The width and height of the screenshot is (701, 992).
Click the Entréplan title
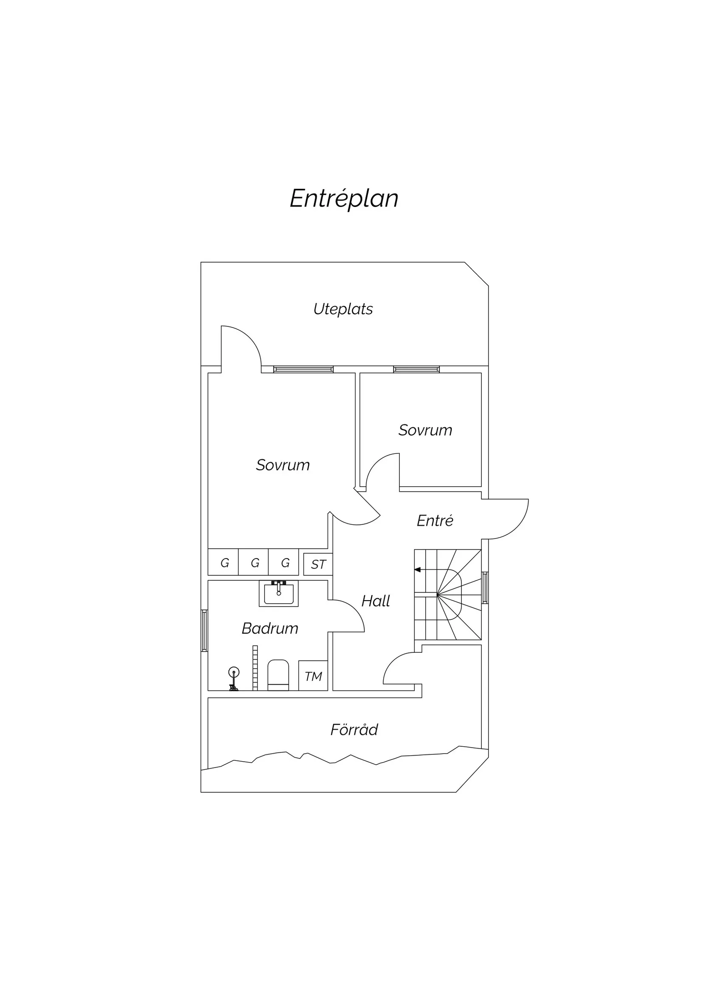tap(344, 199)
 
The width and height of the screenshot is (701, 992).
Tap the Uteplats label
tap(343, 309)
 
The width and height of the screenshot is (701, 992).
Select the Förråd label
tap(354, 730)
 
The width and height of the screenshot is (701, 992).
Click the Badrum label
tap(270, 628)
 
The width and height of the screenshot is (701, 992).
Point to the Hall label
tap(375, 601)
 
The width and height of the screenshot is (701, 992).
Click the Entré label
tap(435, 520)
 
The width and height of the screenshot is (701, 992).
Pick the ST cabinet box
tap(318, 564)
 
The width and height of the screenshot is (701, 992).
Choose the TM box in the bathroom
tap(313, 676)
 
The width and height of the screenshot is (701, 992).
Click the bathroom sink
tap(279, 594)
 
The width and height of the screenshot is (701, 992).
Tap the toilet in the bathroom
tap(278, 675)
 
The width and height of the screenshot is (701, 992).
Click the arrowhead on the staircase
tap(417, 570)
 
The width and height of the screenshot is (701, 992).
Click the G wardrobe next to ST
tap(284, 562)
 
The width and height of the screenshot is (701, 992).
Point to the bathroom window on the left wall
tap(204, 631)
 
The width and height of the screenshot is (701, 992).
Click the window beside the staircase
tap(485, 588)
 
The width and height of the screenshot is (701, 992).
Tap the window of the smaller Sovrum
tap(416, 369)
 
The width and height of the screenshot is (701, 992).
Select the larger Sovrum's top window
tap(303, 369)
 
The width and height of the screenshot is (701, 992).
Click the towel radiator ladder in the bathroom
tap(255, 668)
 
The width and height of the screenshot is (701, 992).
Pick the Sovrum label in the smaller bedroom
tap(425, 430)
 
